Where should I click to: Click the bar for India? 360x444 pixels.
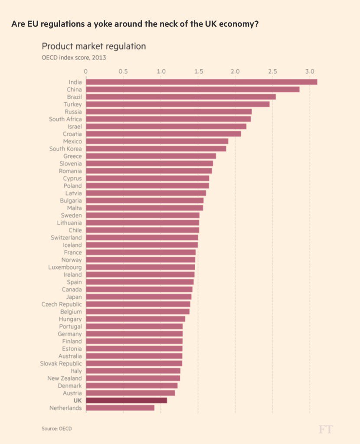(201, 82)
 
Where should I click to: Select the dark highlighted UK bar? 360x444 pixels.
(126, 400)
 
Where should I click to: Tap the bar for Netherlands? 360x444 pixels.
(120, 408)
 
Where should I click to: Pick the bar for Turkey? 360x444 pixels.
(177, 104)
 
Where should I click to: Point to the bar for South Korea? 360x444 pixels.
(156, 149)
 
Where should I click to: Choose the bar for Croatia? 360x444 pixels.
(163, 134)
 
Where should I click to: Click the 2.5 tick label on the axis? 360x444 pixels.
(272, 71)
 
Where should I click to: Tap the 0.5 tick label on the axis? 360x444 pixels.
(123, 71)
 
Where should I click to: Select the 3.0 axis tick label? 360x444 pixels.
(309, 71)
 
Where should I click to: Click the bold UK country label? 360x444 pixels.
(78, 400)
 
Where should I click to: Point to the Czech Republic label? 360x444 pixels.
(62, 304)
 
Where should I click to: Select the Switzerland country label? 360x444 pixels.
(66, 238)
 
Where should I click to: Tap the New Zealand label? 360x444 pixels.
(65, 378)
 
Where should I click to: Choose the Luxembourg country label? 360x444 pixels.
(65, 267)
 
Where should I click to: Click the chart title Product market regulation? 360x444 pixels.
(94, 46)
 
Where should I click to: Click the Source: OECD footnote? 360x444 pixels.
(57, 428)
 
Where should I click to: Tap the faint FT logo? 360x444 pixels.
(325, 429)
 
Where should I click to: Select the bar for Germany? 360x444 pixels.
(134, 334)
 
